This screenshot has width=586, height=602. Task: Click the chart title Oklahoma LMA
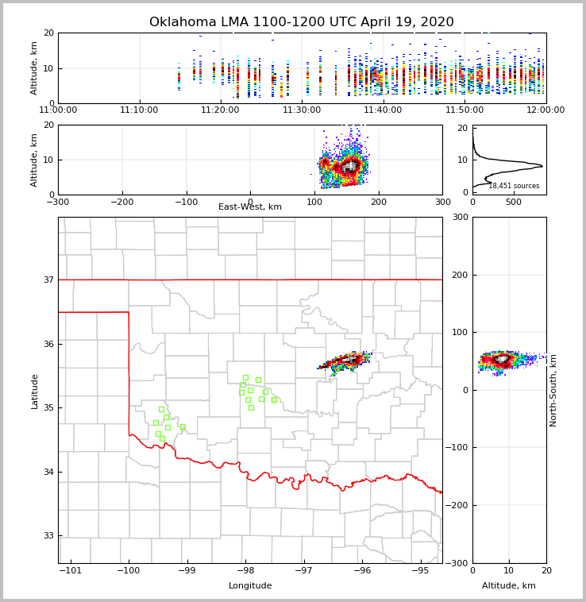301,22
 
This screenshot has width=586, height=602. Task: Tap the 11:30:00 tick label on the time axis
302,110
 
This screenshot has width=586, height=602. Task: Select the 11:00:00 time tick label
58,110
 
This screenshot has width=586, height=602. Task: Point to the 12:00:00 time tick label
546,110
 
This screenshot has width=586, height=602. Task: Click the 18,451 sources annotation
514,186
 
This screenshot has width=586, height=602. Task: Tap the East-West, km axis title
250,207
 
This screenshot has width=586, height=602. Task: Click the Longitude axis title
250,586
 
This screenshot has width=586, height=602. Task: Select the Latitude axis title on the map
34,391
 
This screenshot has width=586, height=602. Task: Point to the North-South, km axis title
553,391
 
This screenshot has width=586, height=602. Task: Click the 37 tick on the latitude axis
49,280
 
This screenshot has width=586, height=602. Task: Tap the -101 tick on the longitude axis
71,570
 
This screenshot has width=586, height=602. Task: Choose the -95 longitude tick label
420,570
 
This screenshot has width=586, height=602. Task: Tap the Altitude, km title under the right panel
509,586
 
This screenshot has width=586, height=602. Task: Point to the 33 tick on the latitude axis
49,535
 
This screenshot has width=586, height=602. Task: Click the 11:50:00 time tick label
465,110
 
